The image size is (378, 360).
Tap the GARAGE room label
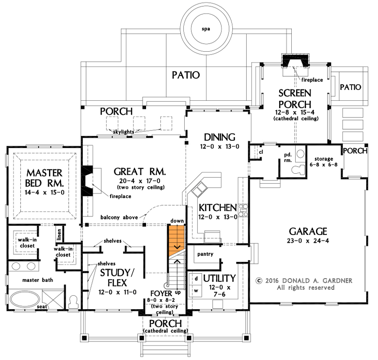(307, 231)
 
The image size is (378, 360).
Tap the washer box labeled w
(195, 290)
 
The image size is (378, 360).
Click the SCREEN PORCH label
(295, 99)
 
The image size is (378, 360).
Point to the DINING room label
(220, 137)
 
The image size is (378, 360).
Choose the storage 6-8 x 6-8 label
(324, 162)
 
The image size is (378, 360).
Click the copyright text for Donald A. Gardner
(303, 281)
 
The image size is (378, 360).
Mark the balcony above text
(119, 217)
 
